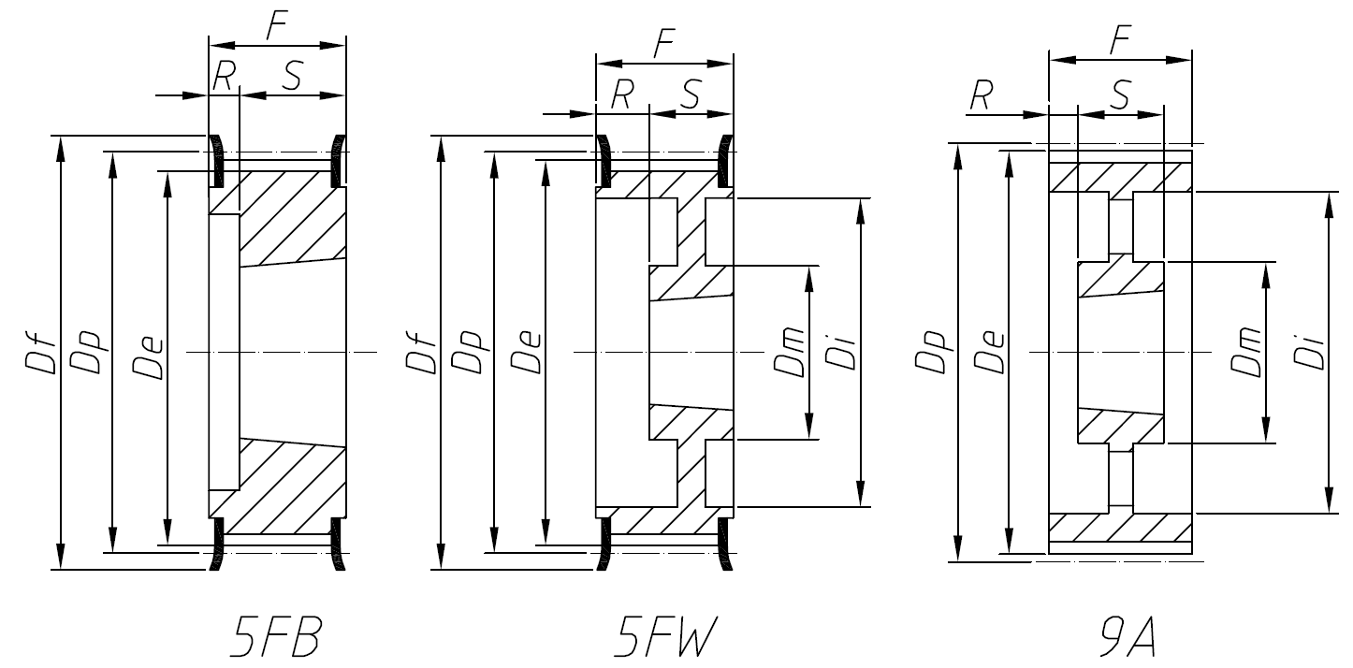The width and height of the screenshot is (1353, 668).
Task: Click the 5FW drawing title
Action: [x=666, y=639]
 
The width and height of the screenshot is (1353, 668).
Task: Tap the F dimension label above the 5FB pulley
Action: [x=276, y=27]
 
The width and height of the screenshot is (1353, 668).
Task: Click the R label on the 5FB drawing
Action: [x=223, y=78]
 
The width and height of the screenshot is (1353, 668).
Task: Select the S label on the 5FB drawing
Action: [x=292, y=78]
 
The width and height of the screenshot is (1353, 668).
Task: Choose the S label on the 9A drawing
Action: [x=1120, y=95]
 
